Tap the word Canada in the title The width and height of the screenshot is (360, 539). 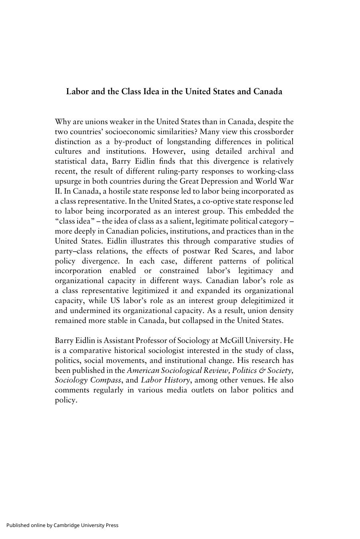tap(267, 91)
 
